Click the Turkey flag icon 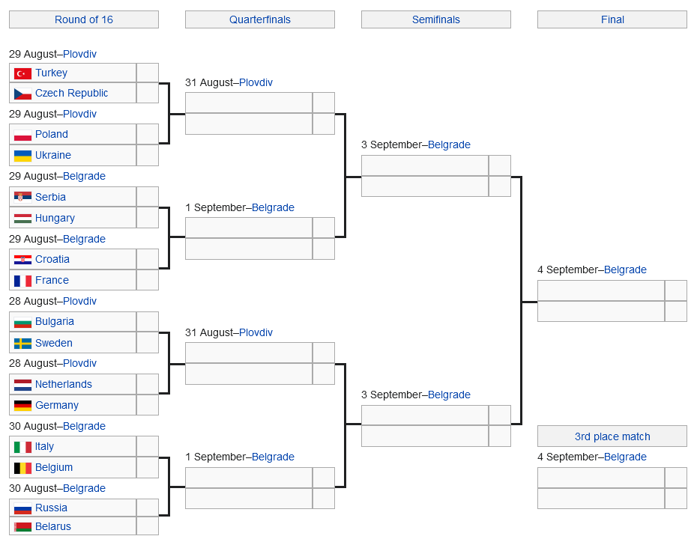22,73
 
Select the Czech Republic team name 71,94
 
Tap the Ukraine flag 22,156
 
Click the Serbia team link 50,197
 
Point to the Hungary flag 22,218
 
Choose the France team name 52,280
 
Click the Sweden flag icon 22,344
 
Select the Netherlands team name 64,384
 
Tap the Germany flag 22,406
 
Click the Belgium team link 54,467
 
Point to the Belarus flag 22,527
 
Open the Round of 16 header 84,19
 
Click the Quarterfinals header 260,19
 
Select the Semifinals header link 436,19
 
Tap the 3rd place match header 612,436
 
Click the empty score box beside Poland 148,134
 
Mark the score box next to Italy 148,446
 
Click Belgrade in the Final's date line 625,270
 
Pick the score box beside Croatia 148,259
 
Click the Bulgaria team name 55,322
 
